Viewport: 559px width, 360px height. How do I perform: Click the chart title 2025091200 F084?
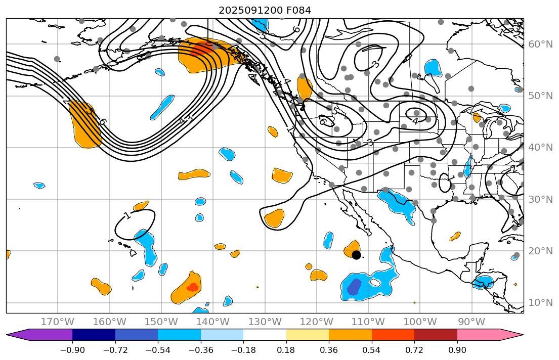tap(265, 10)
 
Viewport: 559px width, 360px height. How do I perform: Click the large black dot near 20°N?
tap(356, 255)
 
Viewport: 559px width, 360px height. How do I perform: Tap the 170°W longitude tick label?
tap(58, 322)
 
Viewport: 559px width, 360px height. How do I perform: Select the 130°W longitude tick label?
tap(265, 322)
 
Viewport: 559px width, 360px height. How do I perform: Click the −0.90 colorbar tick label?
tap(72, 350)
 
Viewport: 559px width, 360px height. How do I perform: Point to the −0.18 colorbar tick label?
tap(243, 350)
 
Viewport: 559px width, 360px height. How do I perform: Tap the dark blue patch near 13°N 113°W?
tap(354, 287)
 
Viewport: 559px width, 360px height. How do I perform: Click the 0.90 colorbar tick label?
tap(457, 350)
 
